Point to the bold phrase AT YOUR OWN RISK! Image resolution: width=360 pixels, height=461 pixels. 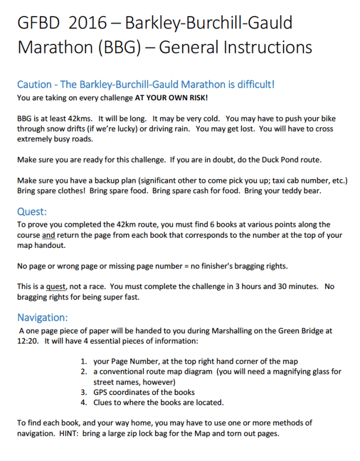(x=171, y=97)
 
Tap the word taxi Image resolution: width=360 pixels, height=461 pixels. (x=291, y=181)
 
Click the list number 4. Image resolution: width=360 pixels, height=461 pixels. (x=84, y=402)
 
